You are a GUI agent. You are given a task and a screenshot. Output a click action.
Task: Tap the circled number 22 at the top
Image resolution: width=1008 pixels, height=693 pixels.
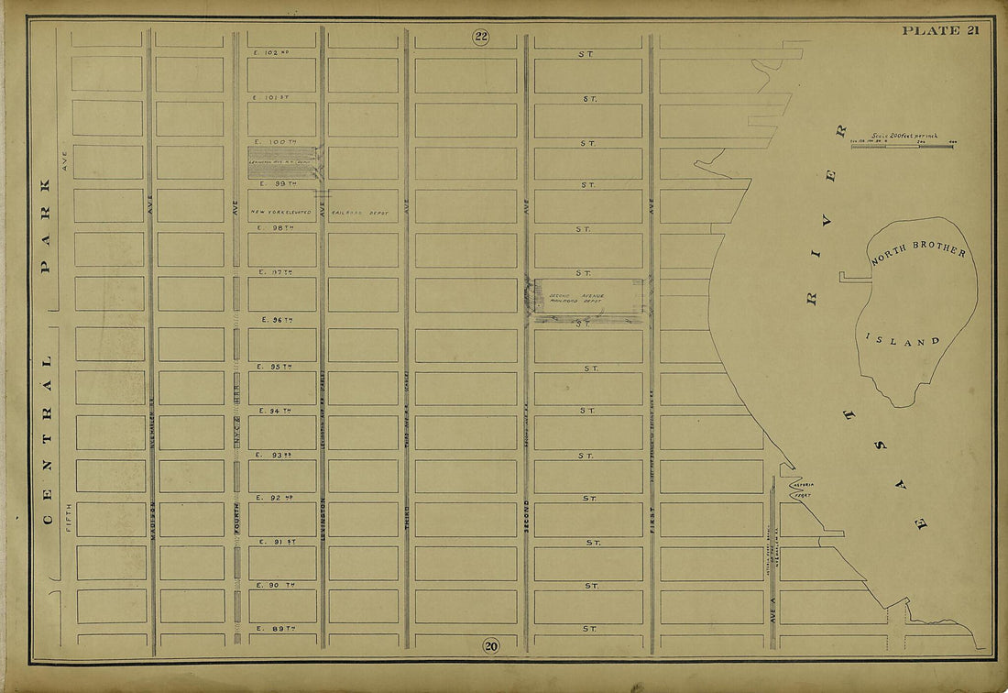[481, 37]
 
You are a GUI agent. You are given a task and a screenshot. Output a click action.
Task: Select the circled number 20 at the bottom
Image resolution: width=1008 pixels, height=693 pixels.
[491, 646]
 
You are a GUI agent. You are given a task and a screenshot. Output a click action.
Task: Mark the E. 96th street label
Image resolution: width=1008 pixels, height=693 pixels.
[276, 320]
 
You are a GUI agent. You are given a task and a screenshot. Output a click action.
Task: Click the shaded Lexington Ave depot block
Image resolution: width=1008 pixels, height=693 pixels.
[282, 163]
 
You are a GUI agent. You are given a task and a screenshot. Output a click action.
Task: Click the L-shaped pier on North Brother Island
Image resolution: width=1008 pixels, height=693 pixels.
[852, 276]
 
